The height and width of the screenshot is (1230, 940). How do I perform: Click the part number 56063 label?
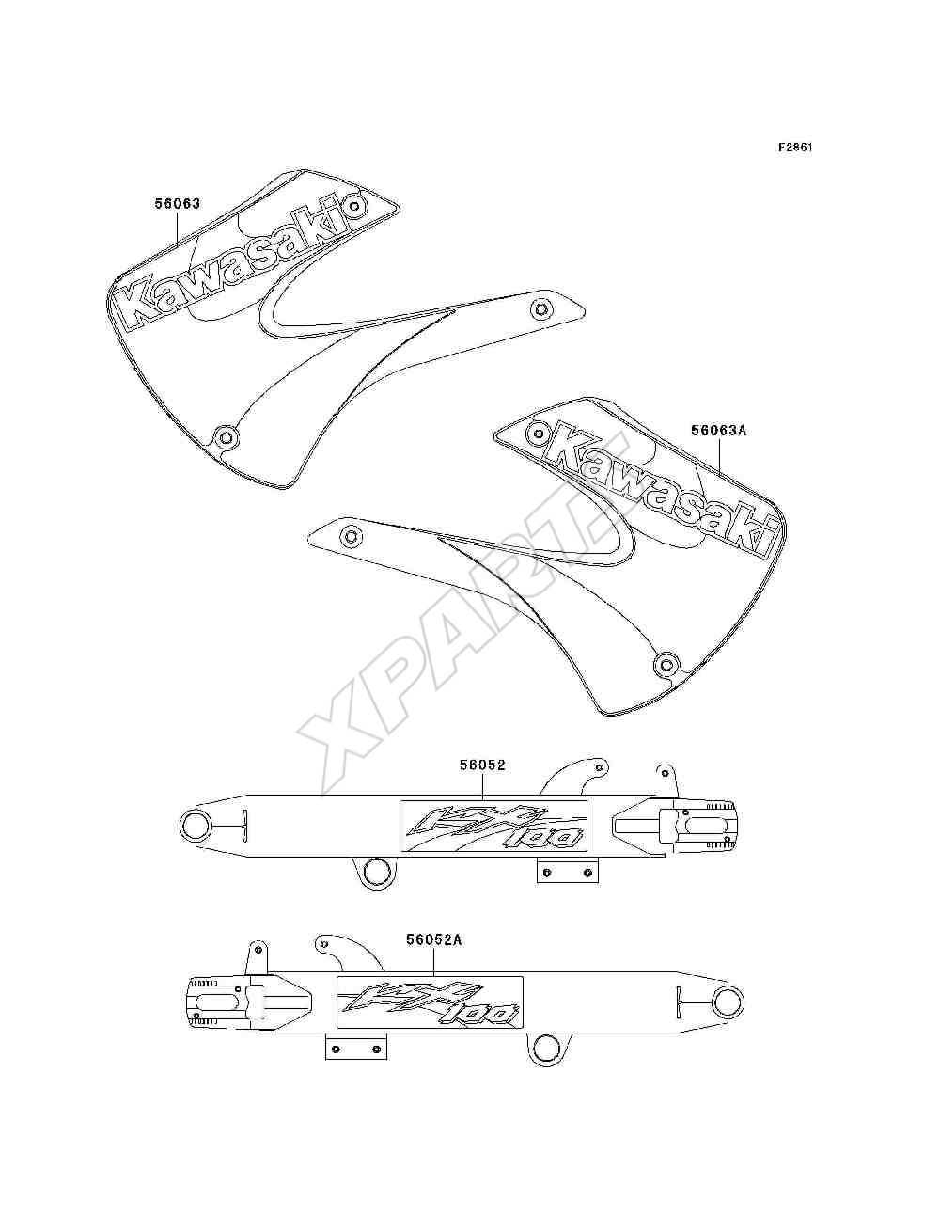pos(177,203)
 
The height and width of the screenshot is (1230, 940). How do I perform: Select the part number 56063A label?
pos(719,431)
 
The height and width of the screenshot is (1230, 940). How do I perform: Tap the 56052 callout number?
pos(482,765)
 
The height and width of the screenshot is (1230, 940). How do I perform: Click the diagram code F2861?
pos(795,148)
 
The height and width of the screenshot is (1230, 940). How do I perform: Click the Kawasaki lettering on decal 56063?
pos(239,259)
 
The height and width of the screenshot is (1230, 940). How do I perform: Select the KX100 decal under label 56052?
pos(493,826)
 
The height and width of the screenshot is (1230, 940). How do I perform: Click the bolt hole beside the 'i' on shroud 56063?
pos(354,207)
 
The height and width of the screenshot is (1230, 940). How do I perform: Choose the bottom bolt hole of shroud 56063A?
pos(666,665)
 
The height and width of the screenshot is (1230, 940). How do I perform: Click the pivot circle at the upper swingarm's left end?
pos(196,826)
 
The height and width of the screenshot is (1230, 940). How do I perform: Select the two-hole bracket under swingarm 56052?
pos(568,872)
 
